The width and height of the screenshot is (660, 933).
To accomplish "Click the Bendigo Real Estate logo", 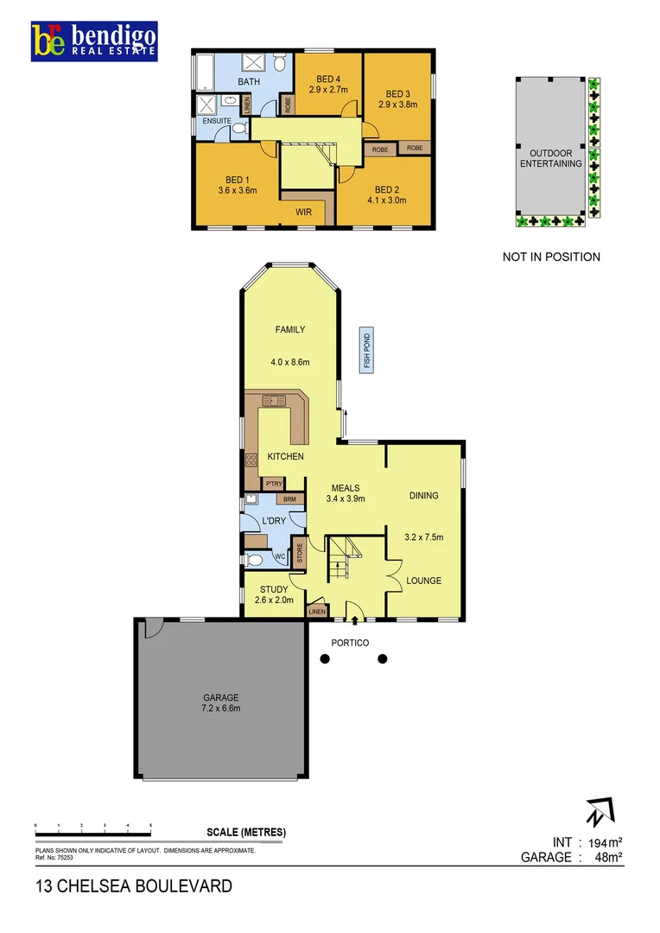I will coord(94,41).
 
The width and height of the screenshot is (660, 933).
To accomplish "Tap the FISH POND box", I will coord(367,351).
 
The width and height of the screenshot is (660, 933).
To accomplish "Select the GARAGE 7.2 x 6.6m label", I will coord(221,702).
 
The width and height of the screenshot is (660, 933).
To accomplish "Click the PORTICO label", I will coord(350,643).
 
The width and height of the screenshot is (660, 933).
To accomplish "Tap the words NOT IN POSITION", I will coord(551,257).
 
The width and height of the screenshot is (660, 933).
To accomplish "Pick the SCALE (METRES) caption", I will coord(246,833).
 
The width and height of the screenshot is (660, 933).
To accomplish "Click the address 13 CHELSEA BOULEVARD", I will coord(134,885).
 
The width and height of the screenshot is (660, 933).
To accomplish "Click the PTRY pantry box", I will coord(275,484).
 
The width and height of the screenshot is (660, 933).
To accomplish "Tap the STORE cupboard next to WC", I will coord(299,553).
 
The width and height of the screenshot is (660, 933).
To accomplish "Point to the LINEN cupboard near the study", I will coord(317,612).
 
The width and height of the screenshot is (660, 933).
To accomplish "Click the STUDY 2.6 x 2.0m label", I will coord(274,594).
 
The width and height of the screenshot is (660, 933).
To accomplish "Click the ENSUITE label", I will coord(217,121).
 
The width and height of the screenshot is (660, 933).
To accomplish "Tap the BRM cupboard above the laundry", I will coord(290,499).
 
